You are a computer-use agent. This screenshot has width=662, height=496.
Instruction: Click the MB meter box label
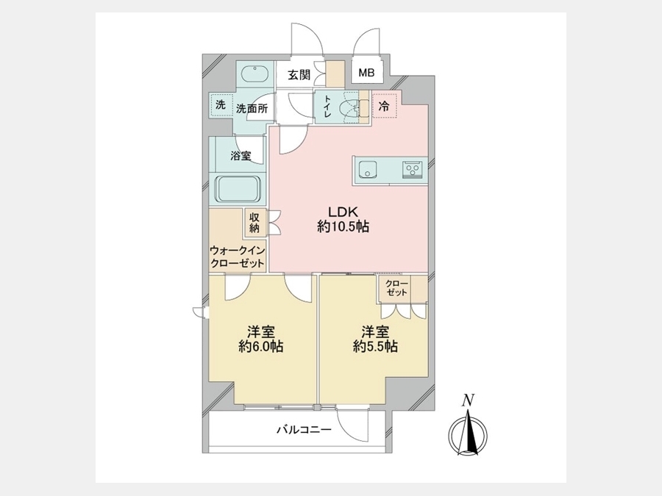coord(366,73)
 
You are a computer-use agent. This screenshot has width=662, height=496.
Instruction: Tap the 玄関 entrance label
coord(299,75)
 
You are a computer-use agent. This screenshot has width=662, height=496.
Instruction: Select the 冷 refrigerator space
coord(384,106)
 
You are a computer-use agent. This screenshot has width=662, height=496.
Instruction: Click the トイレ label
coord(327,107)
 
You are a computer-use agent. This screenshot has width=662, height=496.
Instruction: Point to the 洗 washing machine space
coord(221,105)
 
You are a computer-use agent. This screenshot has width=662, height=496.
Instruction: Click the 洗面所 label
coord(252,109)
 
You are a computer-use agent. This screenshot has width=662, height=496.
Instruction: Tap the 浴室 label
coord(241,156)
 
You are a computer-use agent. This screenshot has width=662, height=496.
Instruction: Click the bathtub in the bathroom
coord(239,190)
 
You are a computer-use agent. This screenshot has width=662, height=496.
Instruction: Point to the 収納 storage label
coord(254,223)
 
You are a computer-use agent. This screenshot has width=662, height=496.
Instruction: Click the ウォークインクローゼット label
coord(238,257)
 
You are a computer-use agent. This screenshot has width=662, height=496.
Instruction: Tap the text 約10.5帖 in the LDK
coord(344,227)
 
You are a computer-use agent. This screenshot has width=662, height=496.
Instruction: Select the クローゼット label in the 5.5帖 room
coord(396,287)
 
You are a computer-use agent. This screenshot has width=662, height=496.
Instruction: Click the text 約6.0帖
coord(260,346)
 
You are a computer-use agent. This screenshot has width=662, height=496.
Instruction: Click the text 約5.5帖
coord(375,346)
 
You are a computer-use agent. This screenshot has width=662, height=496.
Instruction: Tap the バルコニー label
coord(305,430)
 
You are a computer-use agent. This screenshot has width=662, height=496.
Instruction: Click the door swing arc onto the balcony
coord(347,431)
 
